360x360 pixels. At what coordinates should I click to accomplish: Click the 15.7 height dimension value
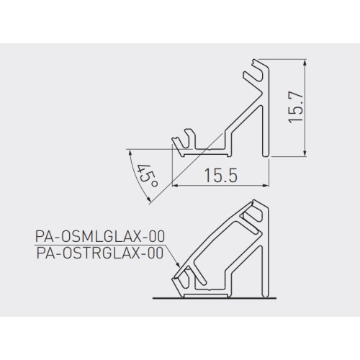click(x=296, y=108)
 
